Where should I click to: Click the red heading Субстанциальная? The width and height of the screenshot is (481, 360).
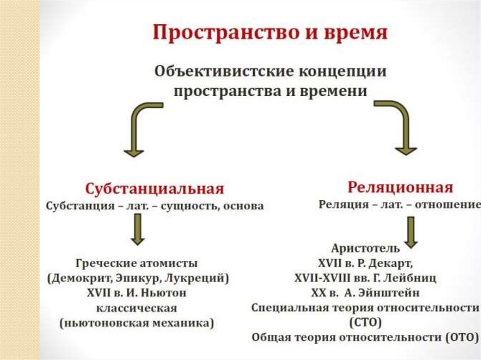tap(155, 189)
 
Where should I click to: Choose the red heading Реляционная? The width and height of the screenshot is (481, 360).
tap(400, 187)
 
